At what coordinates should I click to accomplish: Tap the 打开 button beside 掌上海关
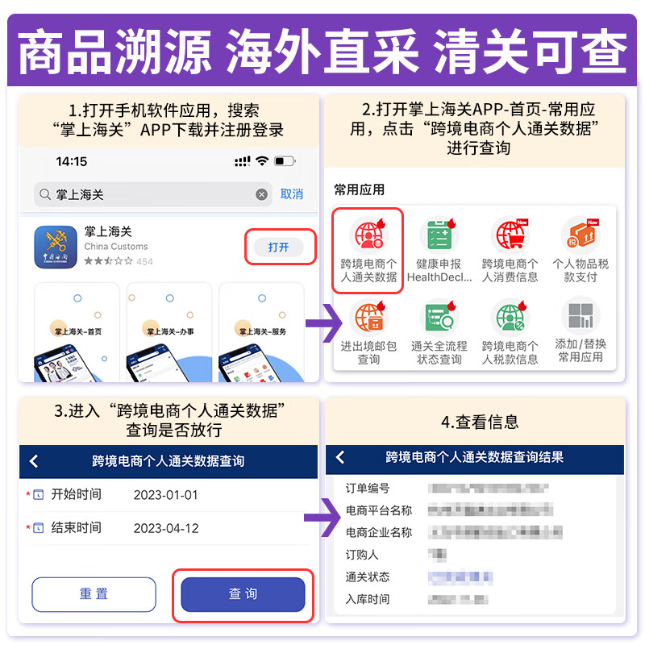278,247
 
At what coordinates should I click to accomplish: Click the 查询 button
243,594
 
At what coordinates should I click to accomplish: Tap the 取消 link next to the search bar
292,194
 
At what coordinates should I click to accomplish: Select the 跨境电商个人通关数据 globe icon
368,235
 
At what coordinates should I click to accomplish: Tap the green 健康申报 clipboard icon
439,235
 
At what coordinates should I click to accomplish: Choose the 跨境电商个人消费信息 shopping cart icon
510,235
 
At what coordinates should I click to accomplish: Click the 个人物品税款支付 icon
580,235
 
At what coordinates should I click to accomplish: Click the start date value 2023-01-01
165,494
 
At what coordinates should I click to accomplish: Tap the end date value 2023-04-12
165,528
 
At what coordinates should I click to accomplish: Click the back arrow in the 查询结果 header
340,457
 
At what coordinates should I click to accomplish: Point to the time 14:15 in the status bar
71,161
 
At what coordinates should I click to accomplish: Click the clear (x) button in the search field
261,194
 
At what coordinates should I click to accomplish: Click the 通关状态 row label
368,577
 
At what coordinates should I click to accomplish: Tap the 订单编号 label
368,489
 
